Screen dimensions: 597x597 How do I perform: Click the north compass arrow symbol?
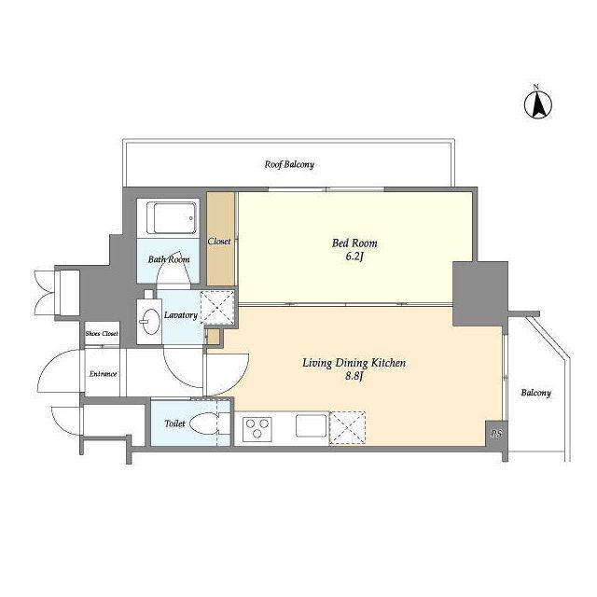[x=538, y=105]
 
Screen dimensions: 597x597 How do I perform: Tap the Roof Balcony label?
[x=289, y=164]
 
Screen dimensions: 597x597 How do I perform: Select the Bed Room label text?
[x=354, y=243]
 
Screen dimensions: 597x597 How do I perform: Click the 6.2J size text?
[x=354, y=257]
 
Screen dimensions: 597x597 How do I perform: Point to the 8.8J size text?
[x=354, y=376]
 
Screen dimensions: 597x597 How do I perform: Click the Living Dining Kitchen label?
[x=354, y=363]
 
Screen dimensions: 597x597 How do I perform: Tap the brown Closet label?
[x=219, y=242]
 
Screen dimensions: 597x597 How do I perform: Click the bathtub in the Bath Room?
[x=175, y=218]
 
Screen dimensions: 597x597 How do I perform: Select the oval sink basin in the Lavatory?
[x=151, y=321]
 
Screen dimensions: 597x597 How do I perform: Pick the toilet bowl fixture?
[x=204, y=423]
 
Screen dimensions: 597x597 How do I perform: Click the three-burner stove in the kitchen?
[x=257, y=429]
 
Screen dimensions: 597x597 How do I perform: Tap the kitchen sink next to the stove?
[x=312, y=425]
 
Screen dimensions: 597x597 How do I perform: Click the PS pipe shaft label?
[x=496, y=433]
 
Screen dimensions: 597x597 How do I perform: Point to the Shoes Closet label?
[x=102, y=334]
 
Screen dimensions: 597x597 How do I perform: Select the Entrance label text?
[x=103, y=374]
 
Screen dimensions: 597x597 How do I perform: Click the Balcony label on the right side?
[x=536, y=393]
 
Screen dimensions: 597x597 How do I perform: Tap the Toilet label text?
[x=174, y=423]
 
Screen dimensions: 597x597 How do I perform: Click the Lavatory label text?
[x=181, y=315]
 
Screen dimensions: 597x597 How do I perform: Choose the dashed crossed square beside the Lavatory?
[x=217, y=308]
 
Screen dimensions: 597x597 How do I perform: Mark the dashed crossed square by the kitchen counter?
[x=347, y=428]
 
